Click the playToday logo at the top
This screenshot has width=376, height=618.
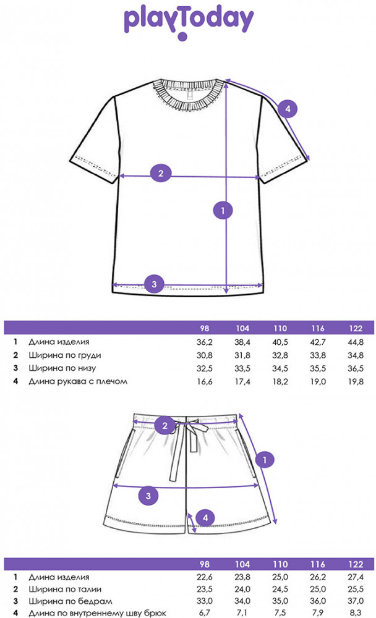click(189, 22)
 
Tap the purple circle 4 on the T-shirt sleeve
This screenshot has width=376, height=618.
click(288, 108)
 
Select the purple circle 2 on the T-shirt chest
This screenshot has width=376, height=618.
click(161, 173)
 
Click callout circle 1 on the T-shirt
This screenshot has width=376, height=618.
click(223, 210)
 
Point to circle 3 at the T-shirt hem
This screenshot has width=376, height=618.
click(154, 284)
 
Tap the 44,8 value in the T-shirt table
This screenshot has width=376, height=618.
click(356, 342)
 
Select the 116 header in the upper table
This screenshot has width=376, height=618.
click(318, 328)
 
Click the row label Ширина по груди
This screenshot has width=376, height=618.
click(65, 355)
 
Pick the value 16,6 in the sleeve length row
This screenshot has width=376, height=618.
click(204, 381)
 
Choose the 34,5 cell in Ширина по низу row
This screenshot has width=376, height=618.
click(280, 368)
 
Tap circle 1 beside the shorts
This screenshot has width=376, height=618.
click(264, 460)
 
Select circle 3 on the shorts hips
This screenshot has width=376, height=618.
click(148, 496)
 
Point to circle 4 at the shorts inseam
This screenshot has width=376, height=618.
click(205, 517)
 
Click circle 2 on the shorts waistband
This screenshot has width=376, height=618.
click(164, 425)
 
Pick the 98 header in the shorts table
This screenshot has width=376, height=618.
click(204, 564)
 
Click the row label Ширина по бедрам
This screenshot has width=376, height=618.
click(70, 601)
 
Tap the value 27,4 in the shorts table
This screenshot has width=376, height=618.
click(356, 577)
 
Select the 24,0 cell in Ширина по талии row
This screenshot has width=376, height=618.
click(242, 589)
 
